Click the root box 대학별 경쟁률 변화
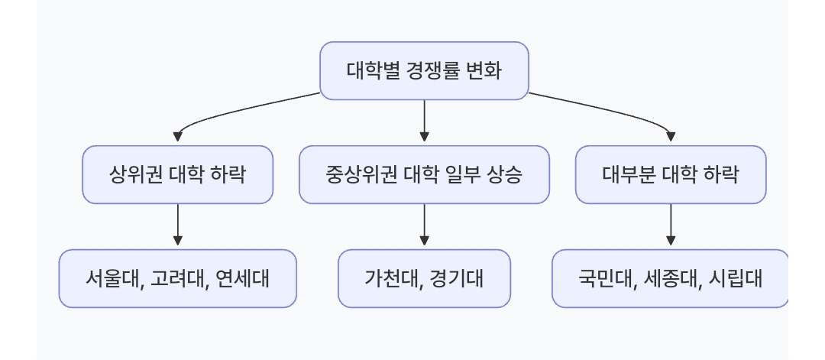[x=424, y=71]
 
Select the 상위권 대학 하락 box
[x=177, y=175]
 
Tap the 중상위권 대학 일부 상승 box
[x=424, y=175]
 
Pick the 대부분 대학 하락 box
[x=671, y=175]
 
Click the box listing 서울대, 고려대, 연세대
[x=177, y=278]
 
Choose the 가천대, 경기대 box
[x=424, y=278]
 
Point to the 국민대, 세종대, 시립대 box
[x=671, y=278]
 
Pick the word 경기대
[x=458, y=278]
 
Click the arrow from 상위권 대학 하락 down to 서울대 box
[x=177, y=226]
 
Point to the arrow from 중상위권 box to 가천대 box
[x=424, y=226]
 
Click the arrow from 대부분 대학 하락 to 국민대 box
[x=671, y=226]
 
